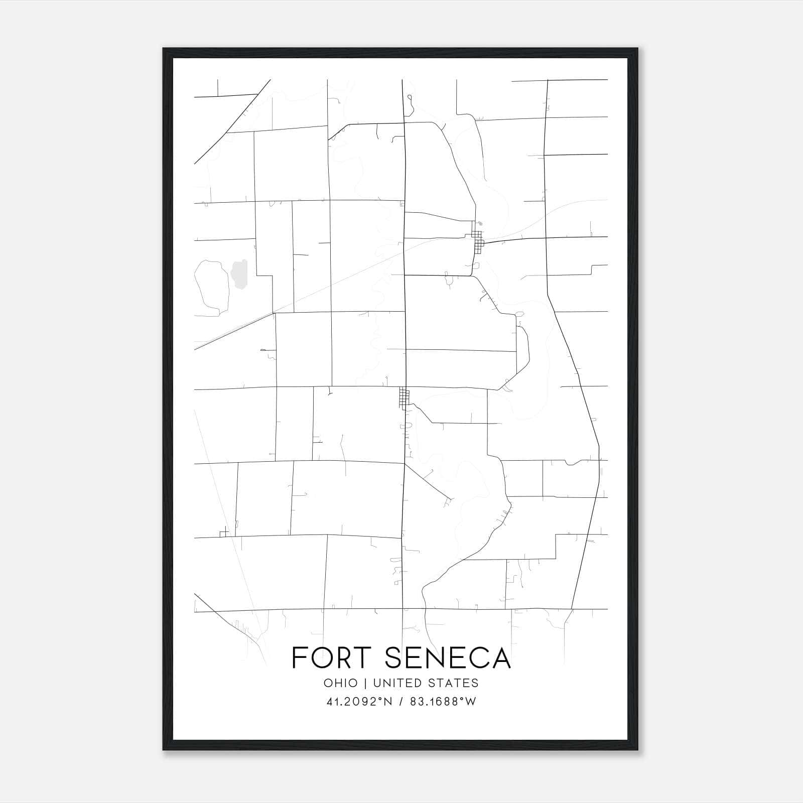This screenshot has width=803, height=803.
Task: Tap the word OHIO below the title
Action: [341, 683]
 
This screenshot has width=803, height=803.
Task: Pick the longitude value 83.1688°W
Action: [443, 701]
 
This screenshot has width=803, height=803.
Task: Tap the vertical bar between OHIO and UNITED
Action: [366, 683]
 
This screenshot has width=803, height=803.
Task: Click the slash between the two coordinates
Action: [400, 701]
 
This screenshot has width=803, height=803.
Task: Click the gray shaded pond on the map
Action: [238, 275]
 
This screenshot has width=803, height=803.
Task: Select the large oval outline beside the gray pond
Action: [211, 288]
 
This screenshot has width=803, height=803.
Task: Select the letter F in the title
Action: [299, 658]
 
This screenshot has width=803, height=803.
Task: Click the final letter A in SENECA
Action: [500, 658]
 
